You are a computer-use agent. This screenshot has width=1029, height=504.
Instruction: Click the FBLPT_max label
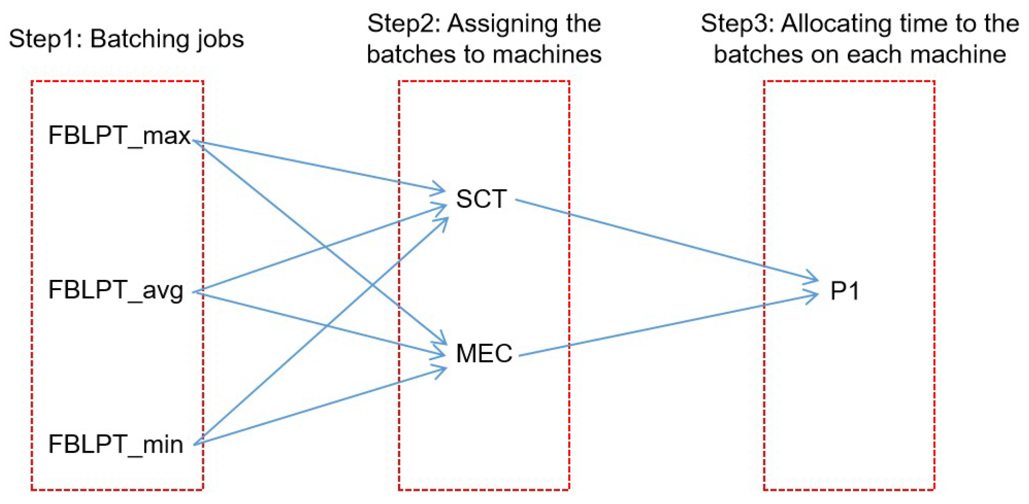pyautogui.click(x=119, y=136)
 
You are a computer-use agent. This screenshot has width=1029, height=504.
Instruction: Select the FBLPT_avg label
pyautogui.click(x=115, y=290)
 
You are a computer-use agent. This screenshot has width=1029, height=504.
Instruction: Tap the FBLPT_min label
pyautogui.click(x=115, y=444)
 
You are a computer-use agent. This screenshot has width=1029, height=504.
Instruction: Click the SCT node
pyautogui.click(x=481, y=200)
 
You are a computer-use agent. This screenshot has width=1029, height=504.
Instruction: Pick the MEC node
pyautogui.click(x=484, y=354)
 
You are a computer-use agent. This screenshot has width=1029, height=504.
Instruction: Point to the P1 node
pyautogui.click(x=845, y=291)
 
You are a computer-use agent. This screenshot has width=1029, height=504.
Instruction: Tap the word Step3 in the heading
pyautogui.click(x=737, y=24)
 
